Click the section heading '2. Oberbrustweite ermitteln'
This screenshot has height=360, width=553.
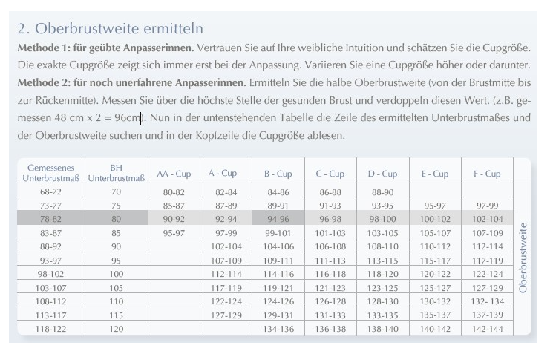[110, 29]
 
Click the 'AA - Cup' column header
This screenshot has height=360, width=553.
[174, 174]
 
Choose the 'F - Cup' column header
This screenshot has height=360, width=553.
[487, 174]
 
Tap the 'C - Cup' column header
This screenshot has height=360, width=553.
[330, 174]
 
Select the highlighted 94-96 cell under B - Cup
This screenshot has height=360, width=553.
[278, 219]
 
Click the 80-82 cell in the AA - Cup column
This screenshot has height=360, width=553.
[174, 192]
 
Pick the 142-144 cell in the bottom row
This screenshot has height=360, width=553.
[487, 328]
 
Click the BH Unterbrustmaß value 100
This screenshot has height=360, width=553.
[116, 274]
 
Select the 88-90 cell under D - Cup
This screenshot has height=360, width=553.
[382, 192]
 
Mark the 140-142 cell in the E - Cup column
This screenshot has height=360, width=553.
[435, 328]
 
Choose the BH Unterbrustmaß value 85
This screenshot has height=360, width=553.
[116, 232]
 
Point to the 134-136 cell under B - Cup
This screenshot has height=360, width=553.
[278, 328]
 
